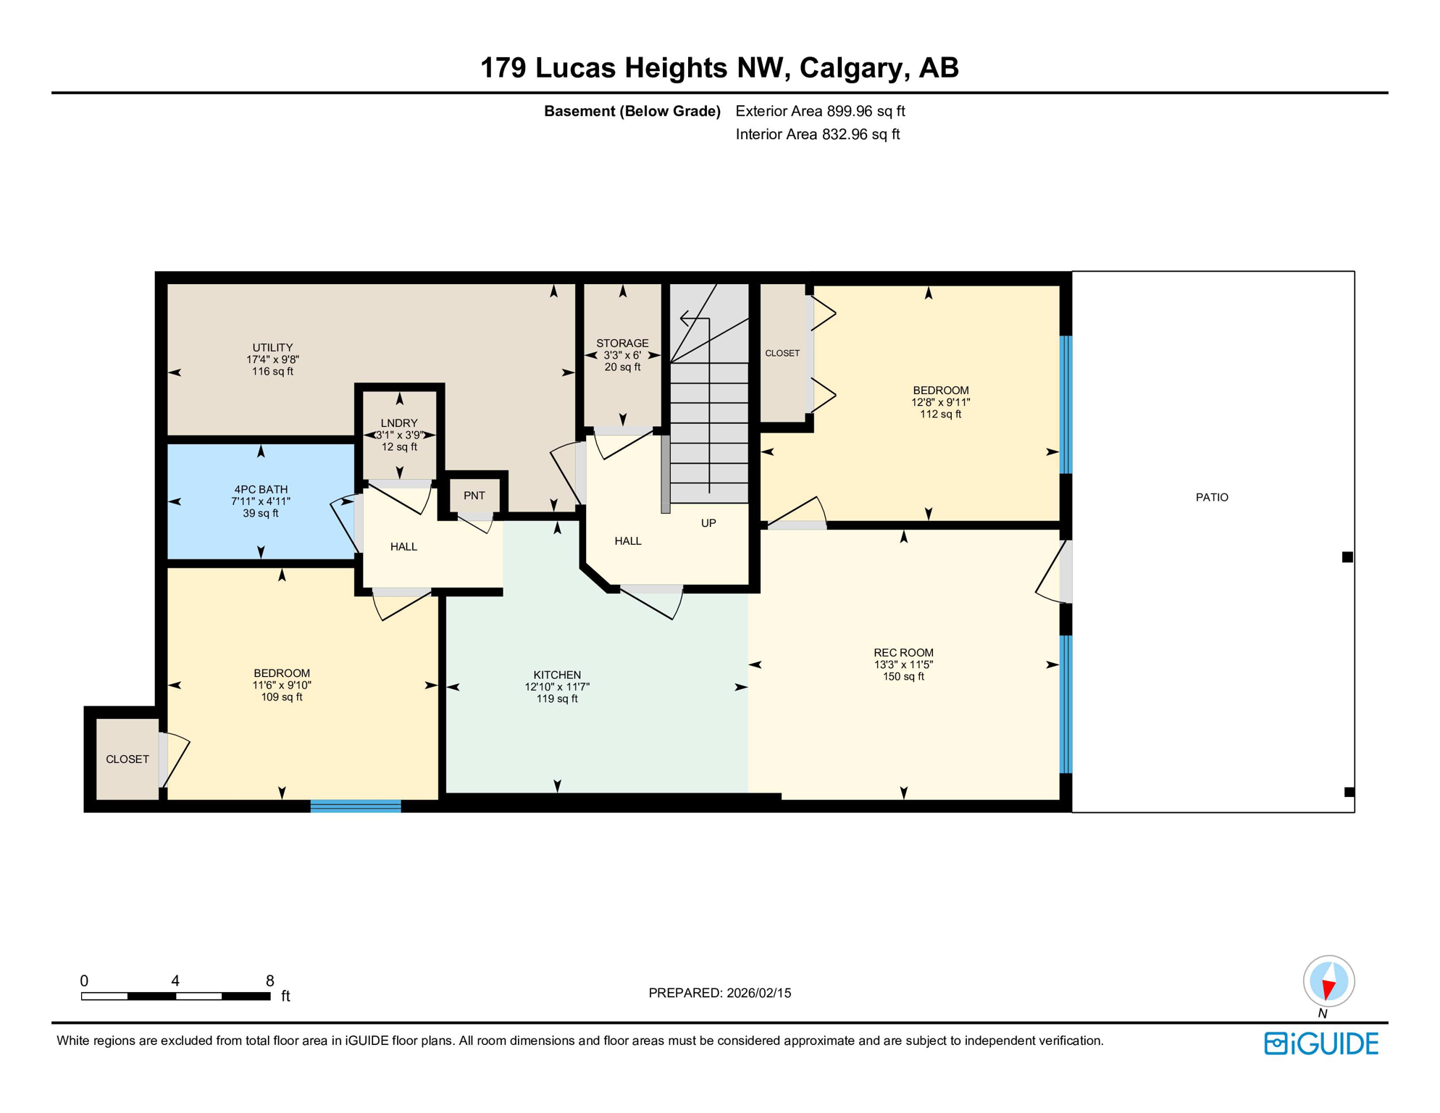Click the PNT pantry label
click(474, 496)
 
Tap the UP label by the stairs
click(708, 523)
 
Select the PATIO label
click(1212, 497)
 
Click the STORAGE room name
click(622, 343)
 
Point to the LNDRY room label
click(399, 423)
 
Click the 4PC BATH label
click(261, 489)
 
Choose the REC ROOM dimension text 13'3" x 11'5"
click(903, 664)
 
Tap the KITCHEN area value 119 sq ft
click(557, 699)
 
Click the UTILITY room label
click(272, 348)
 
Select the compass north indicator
click(1328, 983)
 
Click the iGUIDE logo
click(1321, 1043)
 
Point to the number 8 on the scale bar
click(269, 981)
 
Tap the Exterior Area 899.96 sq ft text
click(820, 112)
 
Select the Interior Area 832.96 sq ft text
click(817, 135)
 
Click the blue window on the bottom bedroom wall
click(356, 806)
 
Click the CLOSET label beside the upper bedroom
click(782, 354)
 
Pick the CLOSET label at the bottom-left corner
click(127, 759)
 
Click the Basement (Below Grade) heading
click(632, 112)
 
